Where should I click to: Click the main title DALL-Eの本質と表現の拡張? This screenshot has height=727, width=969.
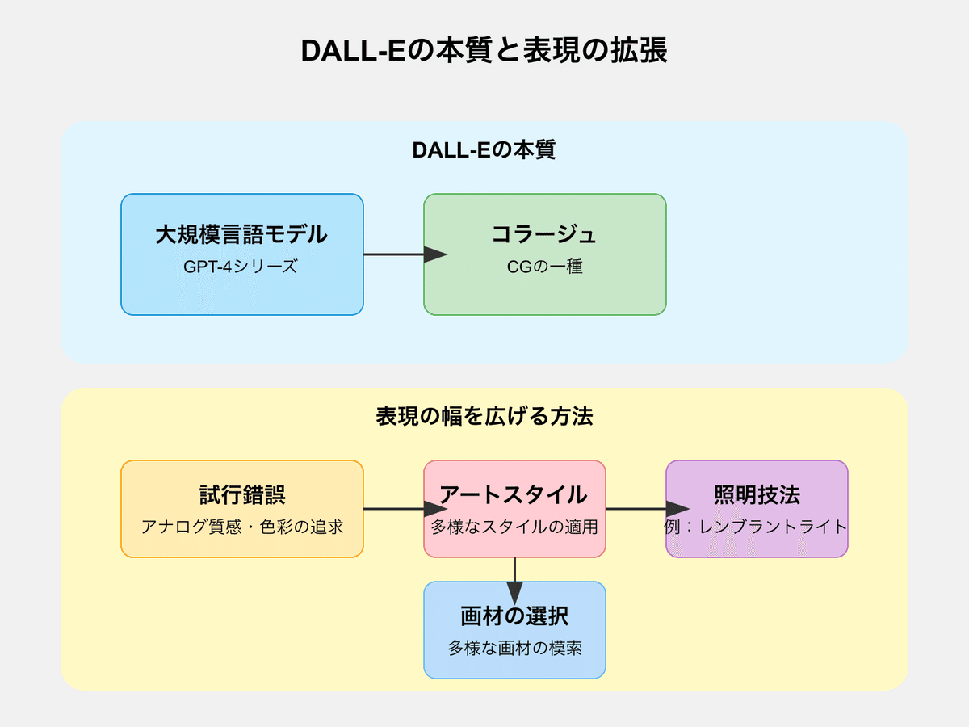pyautogui.click(x=484, y=51)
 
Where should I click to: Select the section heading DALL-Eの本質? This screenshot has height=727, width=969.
pyautogui.click(x=484, y=150)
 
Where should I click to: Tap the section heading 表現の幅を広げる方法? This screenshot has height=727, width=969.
pyautogui.click(x=484, y=417)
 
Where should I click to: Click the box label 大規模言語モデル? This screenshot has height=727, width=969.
pyautogui.click(x=241, y=234)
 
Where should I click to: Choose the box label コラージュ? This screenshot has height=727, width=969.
pyautogui.click(x=544, y=234)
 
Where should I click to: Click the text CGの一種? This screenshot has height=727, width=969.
pyautogui.click(x=544, y=266)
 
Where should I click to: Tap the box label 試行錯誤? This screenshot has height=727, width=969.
pyautogui.click(x=241, y=495)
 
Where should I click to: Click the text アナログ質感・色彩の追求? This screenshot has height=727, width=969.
pyautogui.click(x=241, y=527)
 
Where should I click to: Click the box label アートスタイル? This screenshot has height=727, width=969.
pyautogui.click(x=514, y=495)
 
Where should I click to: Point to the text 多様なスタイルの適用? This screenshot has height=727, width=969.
pyautogui.click(x=514, y=527)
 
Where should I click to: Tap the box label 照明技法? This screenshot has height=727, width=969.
pyautogui.click(x=757, y=495)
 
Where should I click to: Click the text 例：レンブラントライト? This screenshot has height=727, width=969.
pyautogui.click(x=757, y=527)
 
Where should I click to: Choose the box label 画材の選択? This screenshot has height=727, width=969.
pyautogui.click(x=514, y=616)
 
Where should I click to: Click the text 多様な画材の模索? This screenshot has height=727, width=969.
pyautogui.click(x=514, y=648)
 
